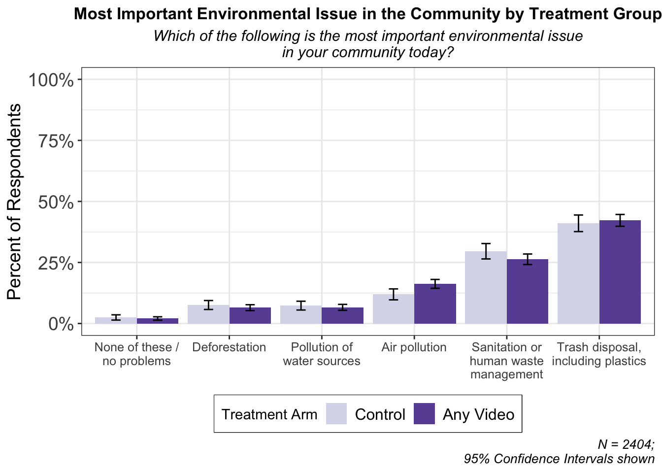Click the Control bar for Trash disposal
[x=578, y=273]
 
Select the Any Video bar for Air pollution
[x=435, y=304]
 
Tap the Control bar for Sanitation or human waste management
[x=486, y=287]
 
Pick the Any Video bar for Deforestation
[x=250, y=315]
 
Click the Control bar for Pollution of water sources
[x=301, y=314]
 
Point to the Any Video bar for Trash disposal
[x=620, y=272]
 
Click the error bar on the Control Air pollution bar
[x=394, y=295]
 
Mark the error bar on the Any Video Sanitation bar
[x=528, y=259]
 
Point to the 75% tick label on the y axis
[x=56, y=141]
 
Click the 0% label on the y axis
[x=61, y=324]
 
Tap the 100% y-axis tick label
[x=51, y=80]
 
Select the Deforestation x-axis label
[x=229, y=347]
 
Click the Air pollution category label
[x=414, y=348]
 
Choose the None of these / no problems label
[x=136, y=354]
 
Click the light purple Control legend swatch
[x=336, y=413]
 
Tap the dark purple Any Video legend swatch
[x=424, y=413]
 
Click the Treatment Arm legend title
[x=269, y=414]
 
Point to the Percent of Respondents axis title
[x=14, y=202]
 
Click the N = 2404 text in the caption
[x=626, y=444]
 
